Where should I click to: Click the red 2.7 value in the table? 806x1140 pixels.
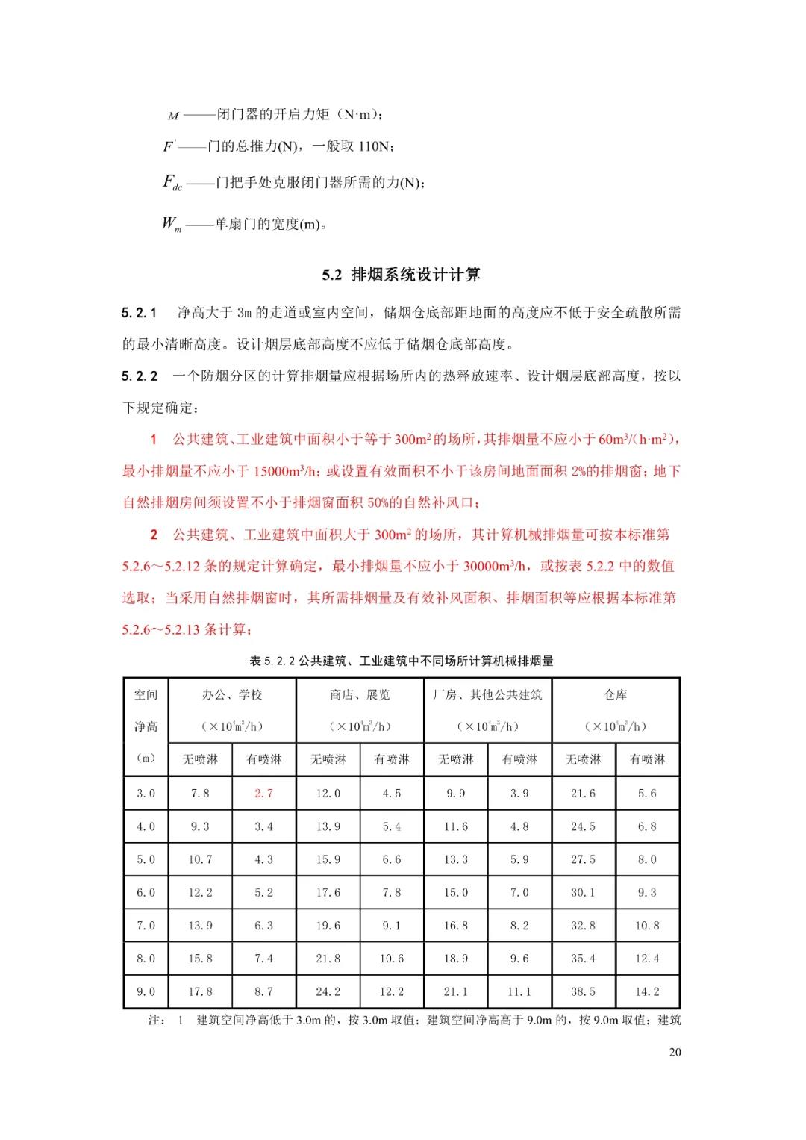coord(263,794)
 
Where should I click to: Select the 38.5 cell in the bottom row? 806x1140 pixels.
coord(583,991)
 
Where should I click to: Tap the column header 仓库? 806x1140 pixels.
coord(615,695)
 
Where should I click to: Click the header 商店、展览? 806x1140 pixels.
coord(360,695)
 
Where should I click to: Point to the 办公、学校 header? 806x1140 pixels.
coord(232,695)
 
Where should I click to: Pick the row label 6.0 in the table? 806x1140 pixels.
coord(146,892)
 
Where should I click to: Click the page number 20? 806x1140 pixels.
coord(675,1053)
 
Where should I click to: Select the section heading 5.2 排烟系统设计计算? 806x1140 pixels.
coord(402,275)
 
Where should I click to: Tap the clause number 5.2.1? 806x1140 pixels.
coord(140,313)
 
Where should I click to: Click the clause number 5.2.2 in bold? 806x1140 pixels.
coord(140,376)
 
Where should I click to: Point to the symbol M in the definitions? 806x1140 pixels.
coord(173,116)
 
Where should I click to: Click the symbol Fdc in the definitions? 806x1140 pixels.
coord(172,183)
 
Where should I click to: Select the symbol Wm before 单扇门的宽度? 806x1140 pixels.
coord(172,224)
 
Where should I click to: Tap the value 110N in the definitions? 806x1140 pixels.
coord(374,147)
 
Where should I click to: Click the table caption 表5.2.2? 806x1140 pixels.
coord(402,661)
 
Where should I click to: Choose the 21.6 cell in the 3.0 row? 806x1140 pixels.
coord(583,794)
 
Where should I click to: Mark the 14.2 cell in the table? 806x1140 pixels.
coord(647,991)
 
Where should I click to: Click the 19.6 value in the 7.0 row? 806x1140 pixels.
coord(328,926)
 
